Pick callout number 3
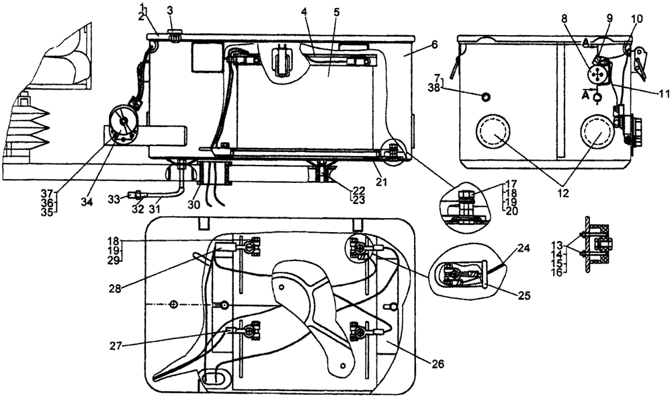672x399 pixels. (170, 11)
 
